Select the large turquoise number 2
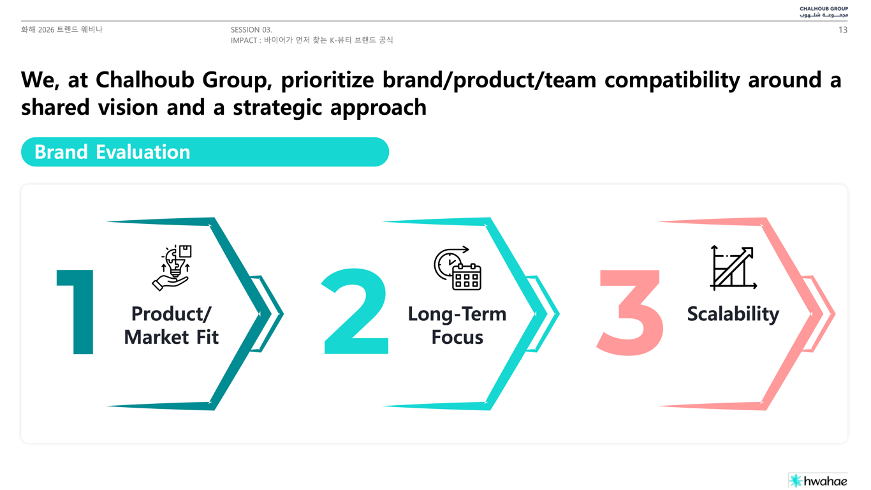click(355, 311)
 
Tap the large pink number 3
click(631, 312)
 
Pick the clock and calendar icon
click(458, 268)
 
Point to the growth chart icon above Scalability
click(733, 268)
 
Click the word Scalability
click(733, 314)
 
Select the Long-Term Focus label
click(457, 325)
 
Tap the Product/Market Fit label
click(172, 325)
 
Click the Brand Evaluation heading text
click(112, 152)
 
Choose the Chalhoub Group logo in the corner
click(824, 11)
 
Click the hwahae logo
click(818, 481)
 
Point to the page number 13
click(842, 30)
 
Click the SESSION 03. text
click(251, 29)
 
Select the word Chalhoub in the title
click(145, 80)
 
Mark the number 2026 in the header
click(47, 29)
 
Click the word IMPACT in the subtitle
click(244, 40)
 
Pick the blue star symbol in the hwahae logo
click(796, 481)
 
